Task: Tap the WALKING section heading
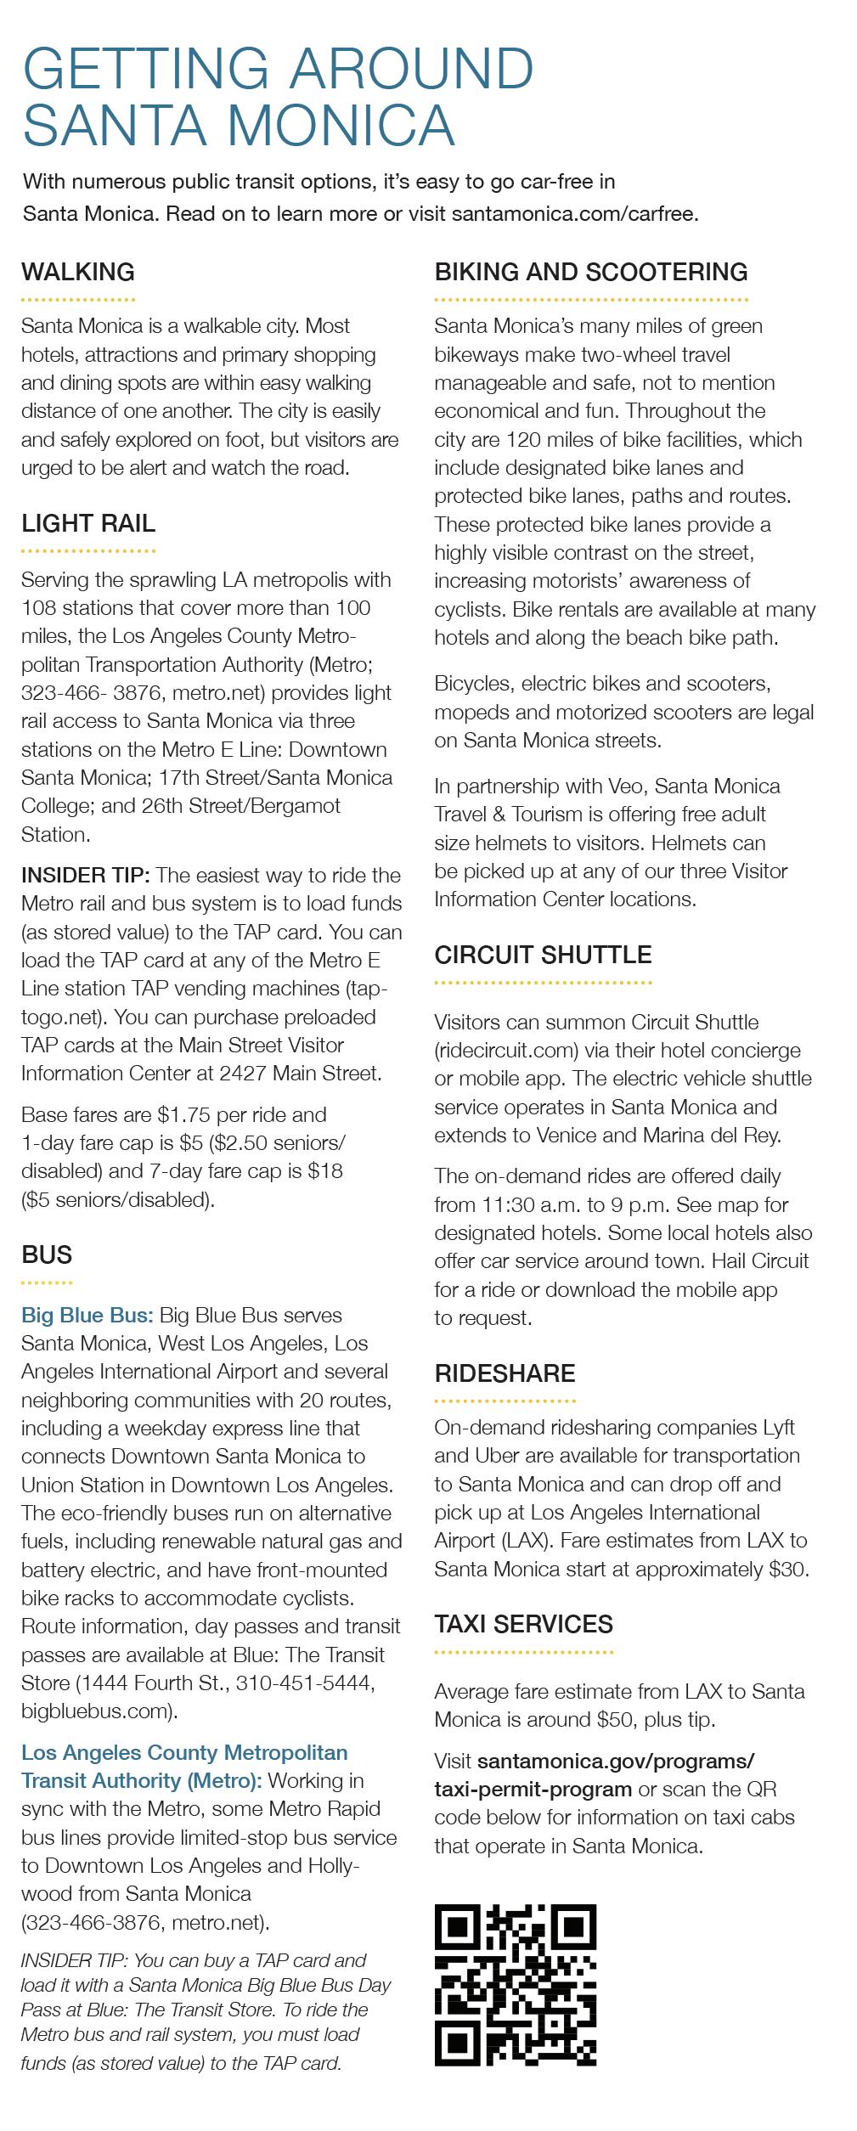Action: click(x=78, y=273)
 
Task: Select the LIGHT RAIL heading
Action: click(x=88, y=524)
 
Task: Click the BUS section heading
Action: click(x=47, y=1254)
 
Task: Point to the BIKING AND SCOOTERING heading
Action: click(x=591, y=273)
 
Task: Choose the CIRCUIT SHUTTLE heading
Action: click(x=543, y=955)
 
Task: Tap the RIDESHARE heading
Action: click(x=505, y=1373)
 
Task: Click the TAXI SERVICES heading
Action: click(x=523, y=1624)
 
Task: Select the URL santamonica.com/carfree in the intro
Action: click(x=575, y=214)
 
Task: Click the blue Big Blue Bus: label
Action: click(x=87, y=1316)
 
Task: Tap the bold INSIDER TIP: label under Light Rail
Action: click(x=85, y=875)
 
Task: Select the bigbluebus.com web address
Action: click(x=99, y=1710)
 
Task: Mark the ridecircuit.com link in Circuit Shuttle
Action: click(x=506, y=1051)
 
